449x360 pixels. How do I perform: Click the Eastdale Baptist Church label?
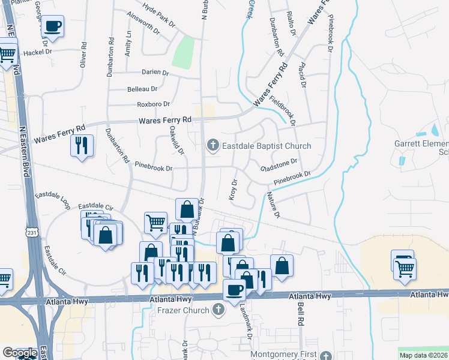[267, 146]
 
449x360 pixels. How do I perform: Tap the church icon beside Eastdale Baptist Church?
[212, 145]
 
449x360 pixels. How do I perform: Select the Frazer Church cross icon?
[219, 310]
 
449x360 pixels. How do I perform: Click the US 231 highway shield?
[32, 231]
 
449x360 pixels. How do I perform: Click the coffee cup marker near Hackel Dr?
[53, 26]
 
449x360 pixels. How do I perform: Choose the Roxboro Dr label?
[154, 104]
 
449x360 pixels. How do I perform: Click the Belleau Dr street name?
[142, 89]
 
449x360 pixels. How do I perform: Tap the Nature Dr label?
[273, 205]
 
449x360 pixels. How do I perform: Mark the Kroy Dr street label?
[234, 189]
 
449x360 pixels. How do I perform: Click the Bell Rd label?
[300, 313]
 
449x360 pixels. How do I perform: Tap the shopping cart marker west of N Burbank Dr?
[155, 222]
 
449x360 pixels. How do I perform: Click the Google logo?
[19, 353]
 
